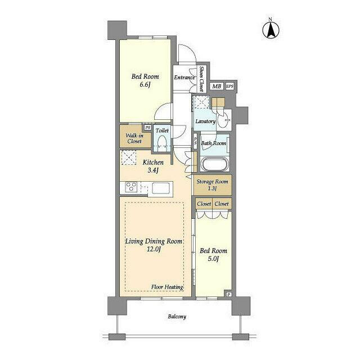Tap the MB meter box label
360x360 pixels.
[217, 86]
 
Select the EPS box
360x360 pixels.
[229, 86]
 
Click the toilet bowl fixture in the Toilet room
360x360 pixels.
[163, 142]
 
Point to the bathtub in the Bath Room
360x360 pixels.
[214, 164]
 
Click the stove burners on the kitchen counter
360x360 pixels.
[131, 186]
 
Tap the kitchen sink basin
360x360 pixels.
[161, 188]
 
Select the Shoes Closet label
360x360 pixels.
[201, 79]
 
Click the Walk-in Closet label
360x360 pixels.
[134, 138]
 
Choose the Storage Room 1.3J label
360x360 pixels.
[213, 185]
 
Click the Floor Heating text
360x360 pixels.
[167, 287]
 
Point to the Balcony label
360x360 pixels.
[177, 317]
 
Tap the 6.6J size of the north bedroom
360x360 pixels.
[145, 85]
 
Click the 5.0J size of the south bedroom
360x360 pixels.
[213, 259]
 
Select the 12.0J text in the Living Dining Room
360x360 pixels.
[154, 249]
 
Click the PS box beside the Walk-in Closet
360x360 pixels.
[148, 127]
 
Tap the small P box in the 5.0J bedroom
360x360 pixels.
[229, 294]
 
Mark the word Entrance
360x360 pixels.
[184, 78]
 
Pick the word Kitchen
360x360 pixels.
[153, 163]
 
